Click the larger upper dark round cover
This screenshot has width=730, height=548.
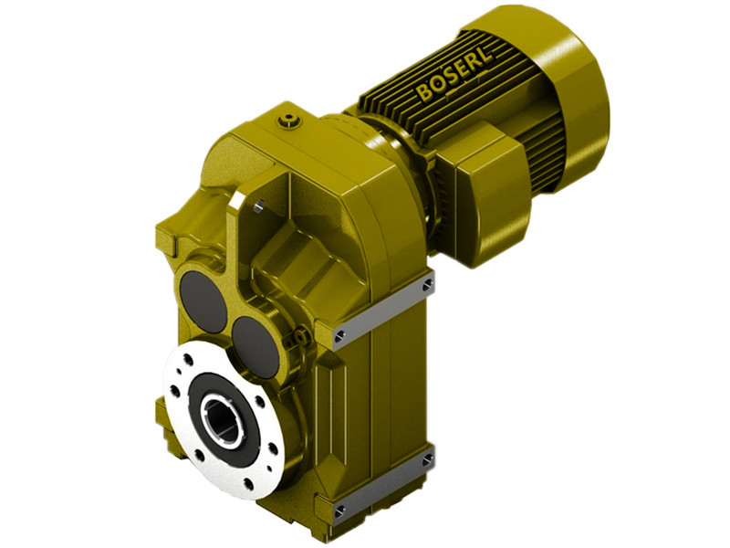point(203,300)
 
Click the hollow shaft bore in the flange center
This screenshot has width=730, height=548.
point(222,421)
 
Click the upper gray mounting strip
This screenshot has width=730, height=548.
point(383,311)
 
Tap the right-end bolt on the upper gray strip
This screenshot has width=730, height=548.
point(426,288)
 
